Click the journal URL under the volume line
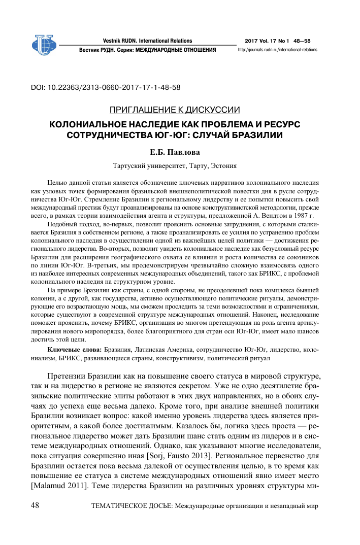277,50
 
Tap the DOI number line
106,87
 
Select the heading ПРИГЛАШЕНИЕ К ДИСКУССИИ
175,110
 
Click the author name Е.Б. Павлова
175,151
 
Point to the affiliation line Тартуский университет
175,165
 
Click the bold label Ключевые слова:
75,350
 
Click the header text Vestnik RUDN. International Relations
147,41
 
